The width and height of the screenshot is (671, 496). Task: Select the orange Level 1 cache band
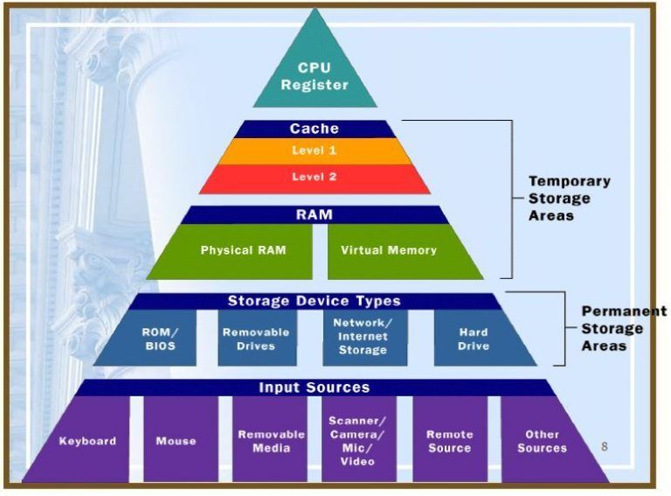[314, 150]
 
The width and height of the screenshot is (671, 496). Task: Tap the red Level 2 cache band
[314, 178]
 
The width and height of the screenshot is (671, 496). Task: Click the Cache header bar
[314, 129]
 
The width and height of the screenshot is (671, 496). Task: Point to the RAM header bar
[314, 214]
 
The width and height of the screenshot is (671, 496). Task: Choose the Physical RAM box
[243, 250]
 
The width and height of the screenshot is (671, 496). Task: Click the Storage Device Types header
[314, 301]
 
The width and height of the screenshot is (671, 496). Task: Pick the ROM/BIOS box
[158, 339]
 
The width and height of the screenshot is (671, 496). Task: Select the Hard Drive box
[474, 339]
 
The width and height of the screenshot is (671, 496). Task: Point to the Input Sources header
[314, 388]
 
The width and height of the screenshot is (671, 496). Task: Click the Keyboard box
[87, 441]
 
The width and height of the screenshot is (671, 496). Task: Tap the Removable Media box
[271, 440]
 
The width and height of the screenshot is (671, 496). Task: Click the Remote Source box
[450, 440]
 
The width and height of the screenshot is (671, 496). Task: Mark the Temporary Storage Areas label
[569, 198]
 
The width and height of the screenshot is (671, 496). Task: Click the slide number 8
[604, 447]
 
